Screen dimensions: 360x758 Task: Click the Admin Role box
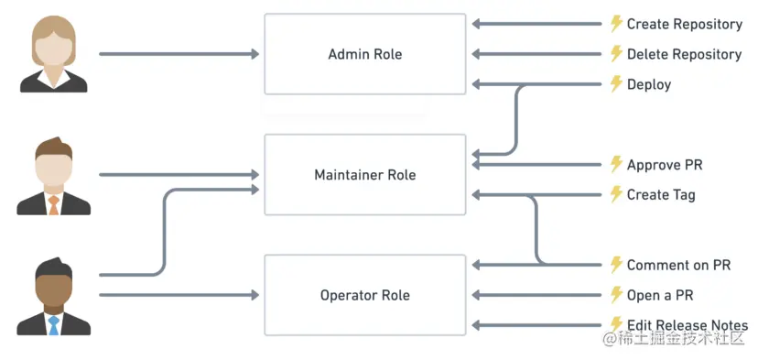click(x=364, y=54)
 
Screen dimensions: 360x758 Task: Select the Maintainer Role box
click(x=364, y=175)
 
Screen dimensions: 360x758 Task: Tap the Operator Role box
click(x=364, y=295)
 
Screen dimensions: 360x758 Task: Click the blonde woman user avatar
click(x=54, y=54)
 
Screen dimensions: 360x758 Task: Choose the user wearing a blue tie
click(x=54, y=297)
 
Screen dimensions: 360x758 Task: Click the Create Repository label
click(x=684, y=25)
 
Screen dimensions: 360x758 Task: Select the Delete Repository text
click(x=684, y=55)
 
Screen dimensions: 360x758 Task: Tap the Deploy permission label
click(x=649, y=85)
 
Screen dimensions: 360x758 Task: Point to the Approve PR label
click(x=665, y=165)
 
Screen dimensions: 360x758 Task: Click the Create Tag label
click(x=661, y=195)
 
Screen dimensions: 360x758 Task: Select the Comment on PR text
click(x=678, y=266)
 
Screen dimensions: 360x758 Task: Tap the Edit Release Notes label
click(x=687, y=325)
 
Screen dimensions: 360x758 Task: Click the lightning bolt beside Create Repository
click(x=616, y=25)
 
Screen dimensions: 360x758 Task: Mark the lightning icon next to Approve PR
click(x=616, y=165)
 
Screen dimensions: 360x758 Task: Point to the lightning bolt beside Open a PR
click(x=616, y=295)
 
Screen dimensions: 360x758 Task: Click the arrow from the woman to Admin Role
click(x=179, y=54)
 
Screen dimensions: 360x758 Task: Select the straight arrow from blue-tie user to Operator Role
click(x=179, y=295)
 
